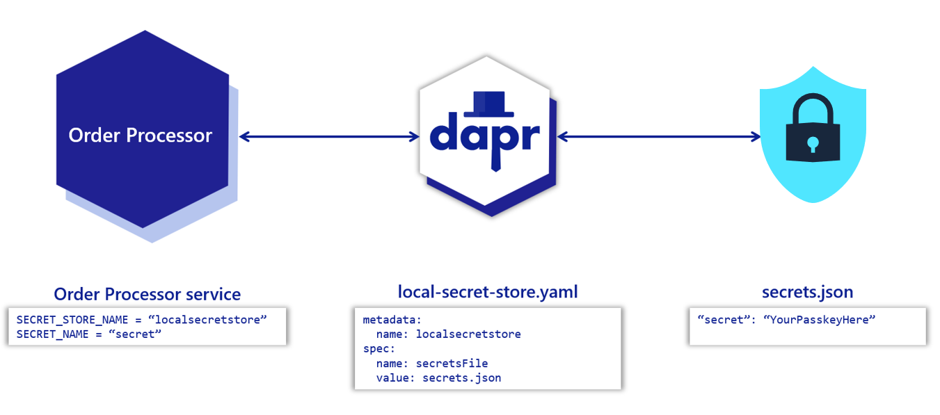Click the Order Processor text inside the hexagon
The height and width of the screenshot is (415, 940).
140,135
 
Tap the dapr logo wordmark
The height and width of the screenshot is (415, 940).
485,136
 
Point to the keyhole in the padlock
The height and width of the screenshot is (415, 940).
812,144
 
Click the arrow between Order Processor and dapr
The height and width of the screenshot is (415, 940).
328,137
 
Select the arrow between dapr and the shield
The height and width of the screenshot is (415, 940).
659,137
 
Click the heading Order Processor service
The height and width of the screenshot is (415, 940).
148,293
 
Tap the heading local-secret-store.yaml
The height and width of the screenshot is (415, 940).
488,292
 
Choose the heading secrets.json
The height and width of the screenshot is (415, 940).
807,292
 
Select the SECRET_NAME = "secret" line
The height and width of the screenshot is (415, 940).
89,334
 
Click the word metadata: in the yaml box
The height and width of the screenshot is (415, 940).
392,319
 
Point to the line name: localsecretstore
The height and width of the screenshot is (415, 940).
448,334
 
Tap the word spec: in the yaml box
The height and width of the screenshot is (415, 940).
379,348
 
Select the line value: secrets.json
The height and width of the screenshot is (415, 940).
438,377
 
